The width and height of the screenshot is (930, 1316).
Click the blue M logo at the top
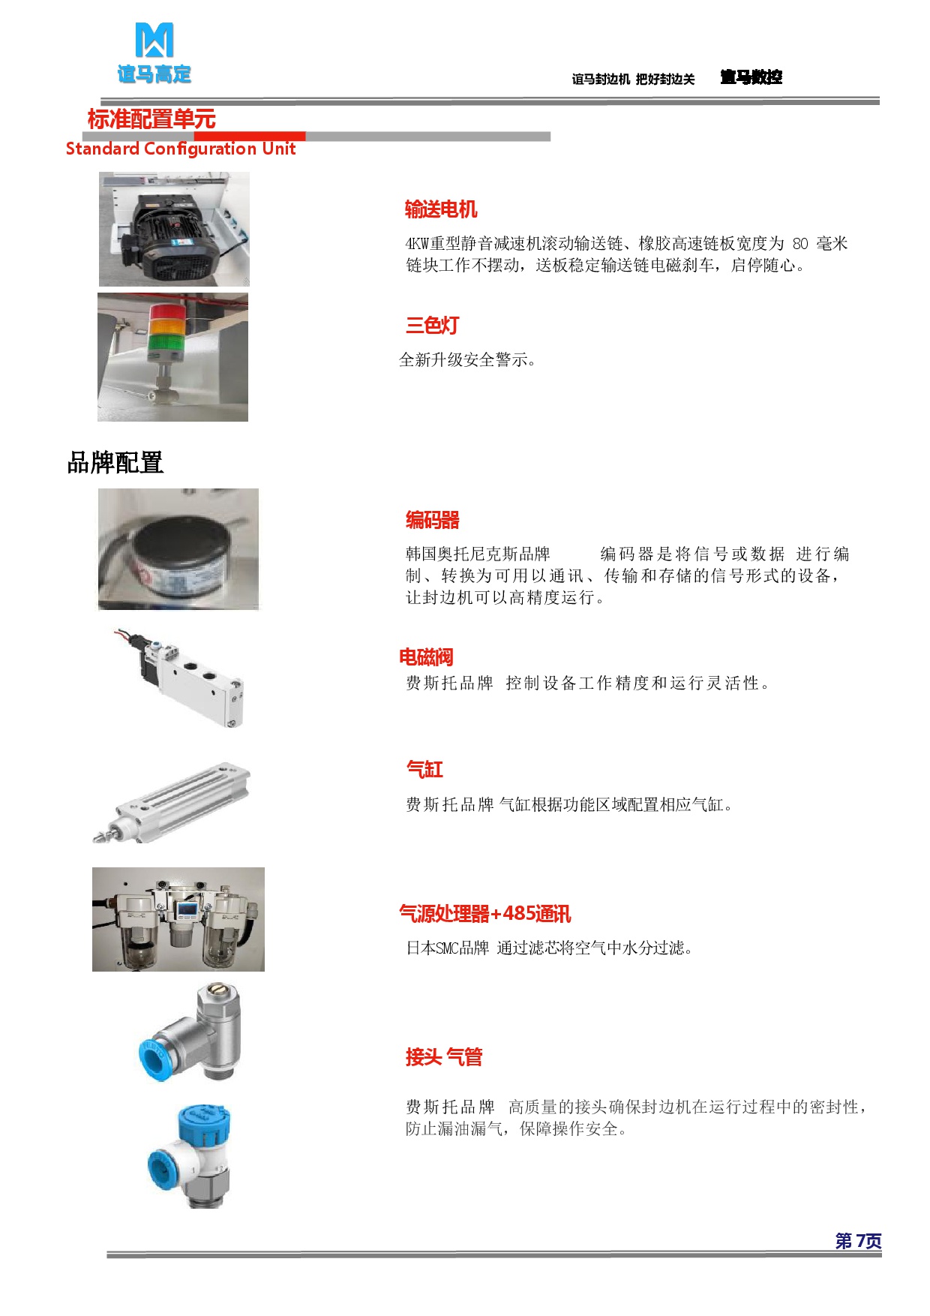(x=154, y=40)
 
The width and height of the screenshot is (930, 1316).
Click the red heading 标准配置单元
(x=151, y=119)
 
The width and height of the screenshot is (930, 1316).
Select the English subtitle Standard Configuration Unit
(x=181, y=149)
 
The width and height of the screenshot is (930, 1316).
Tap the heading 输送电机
(x=441, y=209)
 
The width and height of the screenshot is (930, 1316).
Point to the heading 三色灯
(x=432, y=325)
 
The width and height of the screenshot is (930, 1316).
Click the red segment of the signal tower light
(x=172, y=311)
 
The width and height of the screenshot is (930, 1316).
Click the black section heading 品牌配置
(x=115, y=462)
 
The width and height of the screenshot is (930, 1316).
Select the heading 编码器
(x=433, y=520)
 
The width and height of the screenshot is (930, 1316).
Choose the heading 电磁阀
(x=426, y=657)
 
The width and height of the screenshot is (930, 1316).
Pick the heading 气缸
(x=424, y=769)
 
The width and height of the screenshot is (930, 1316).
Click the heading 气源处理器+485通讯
(x=485, y=913)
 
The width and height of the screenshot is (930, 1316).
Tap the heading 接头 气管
(x=444, y=1057)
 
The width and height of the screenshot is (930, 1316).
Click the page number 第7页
(x=859, y=1241)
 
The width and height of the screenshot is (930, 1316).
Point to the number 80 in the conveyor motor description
(x=800, y=244)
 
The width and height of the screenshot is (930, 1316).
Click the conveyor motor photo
(x=174, y=229)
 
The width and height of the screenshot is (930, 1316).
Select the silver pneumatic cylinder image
(x=171, y=802)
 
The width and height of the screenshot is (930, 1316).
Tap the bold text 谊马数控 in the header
(x=751, y=77)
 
